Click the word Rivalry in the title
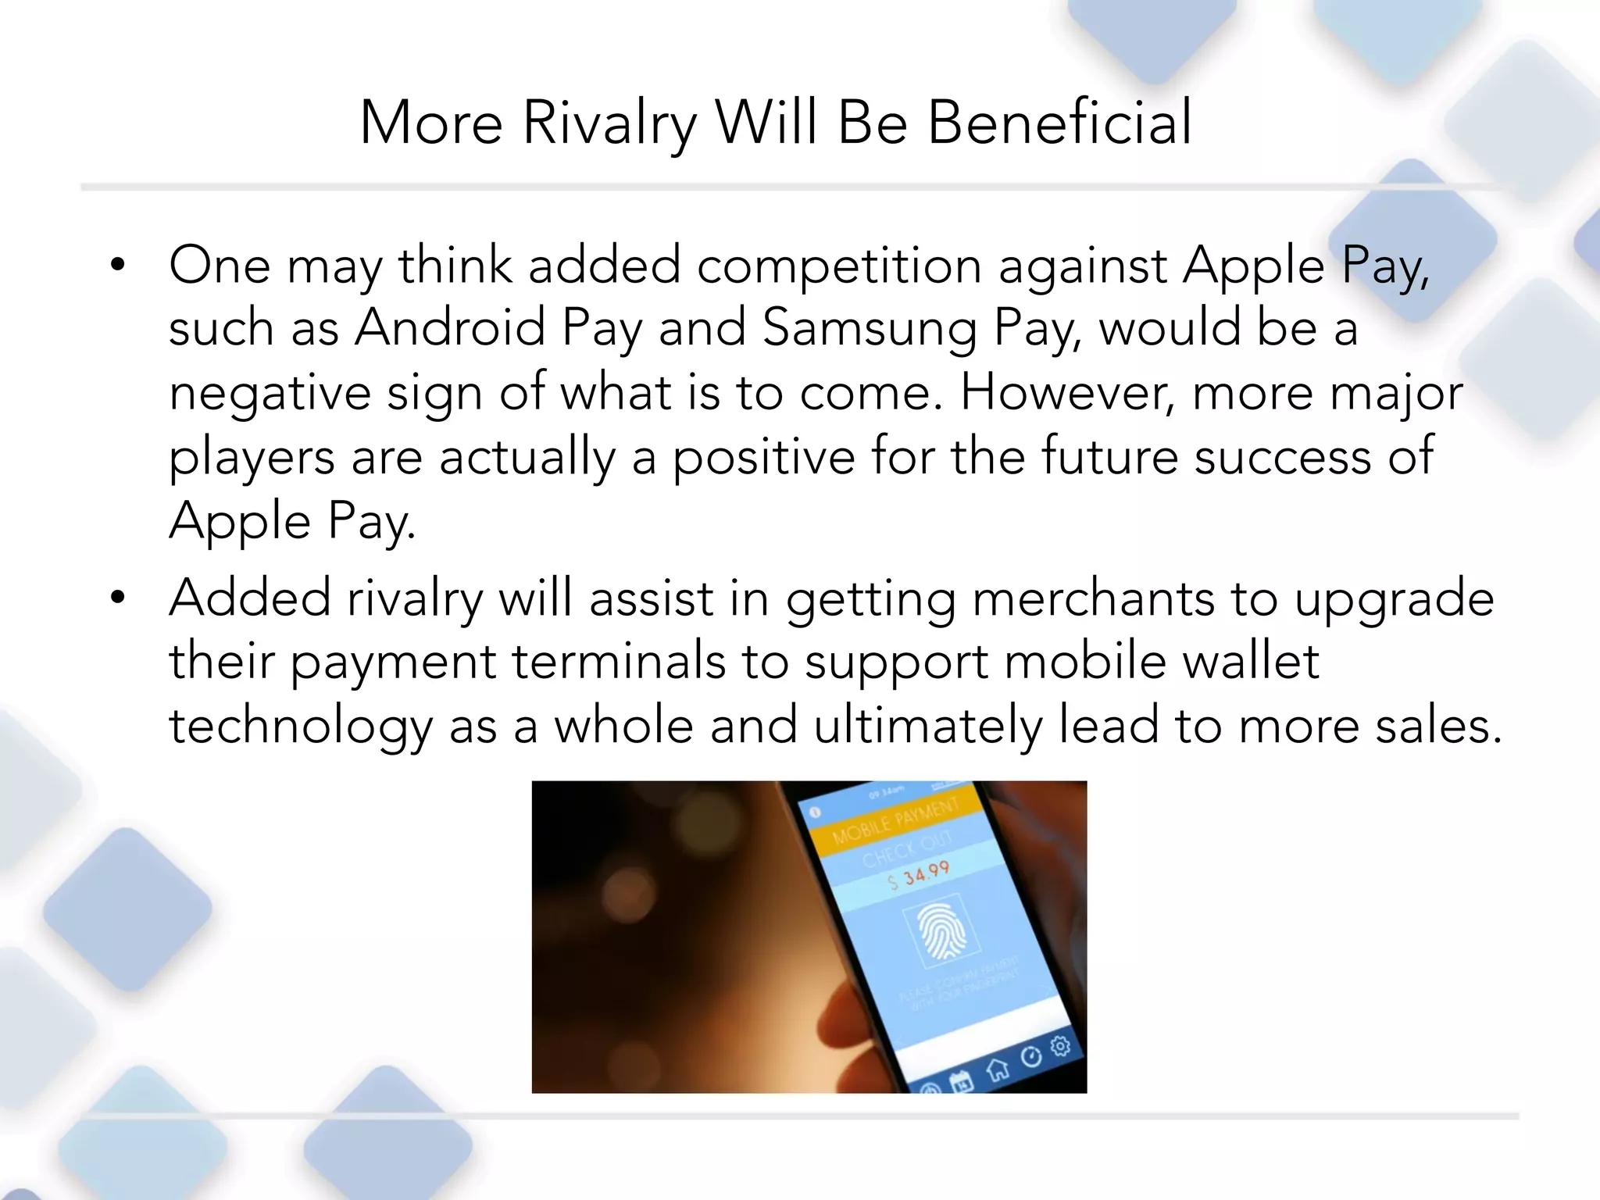coord(609,123)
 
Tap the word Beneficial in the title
coord(1059,123)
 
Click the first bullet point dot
coord(118,266)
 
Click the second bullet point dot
coord(118,598)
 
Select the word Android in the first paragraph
coord(450,327)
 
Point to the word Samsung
coord(869,329)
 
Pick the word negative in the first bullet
coord(270,393)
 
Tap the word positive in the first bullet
coord(763,457)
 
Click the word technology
coord(301,727)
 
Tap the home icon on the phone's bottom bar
coord(997,1069)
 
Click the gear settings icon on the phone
coord(1059,1045)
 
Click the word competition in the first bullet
coord(839,266)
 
